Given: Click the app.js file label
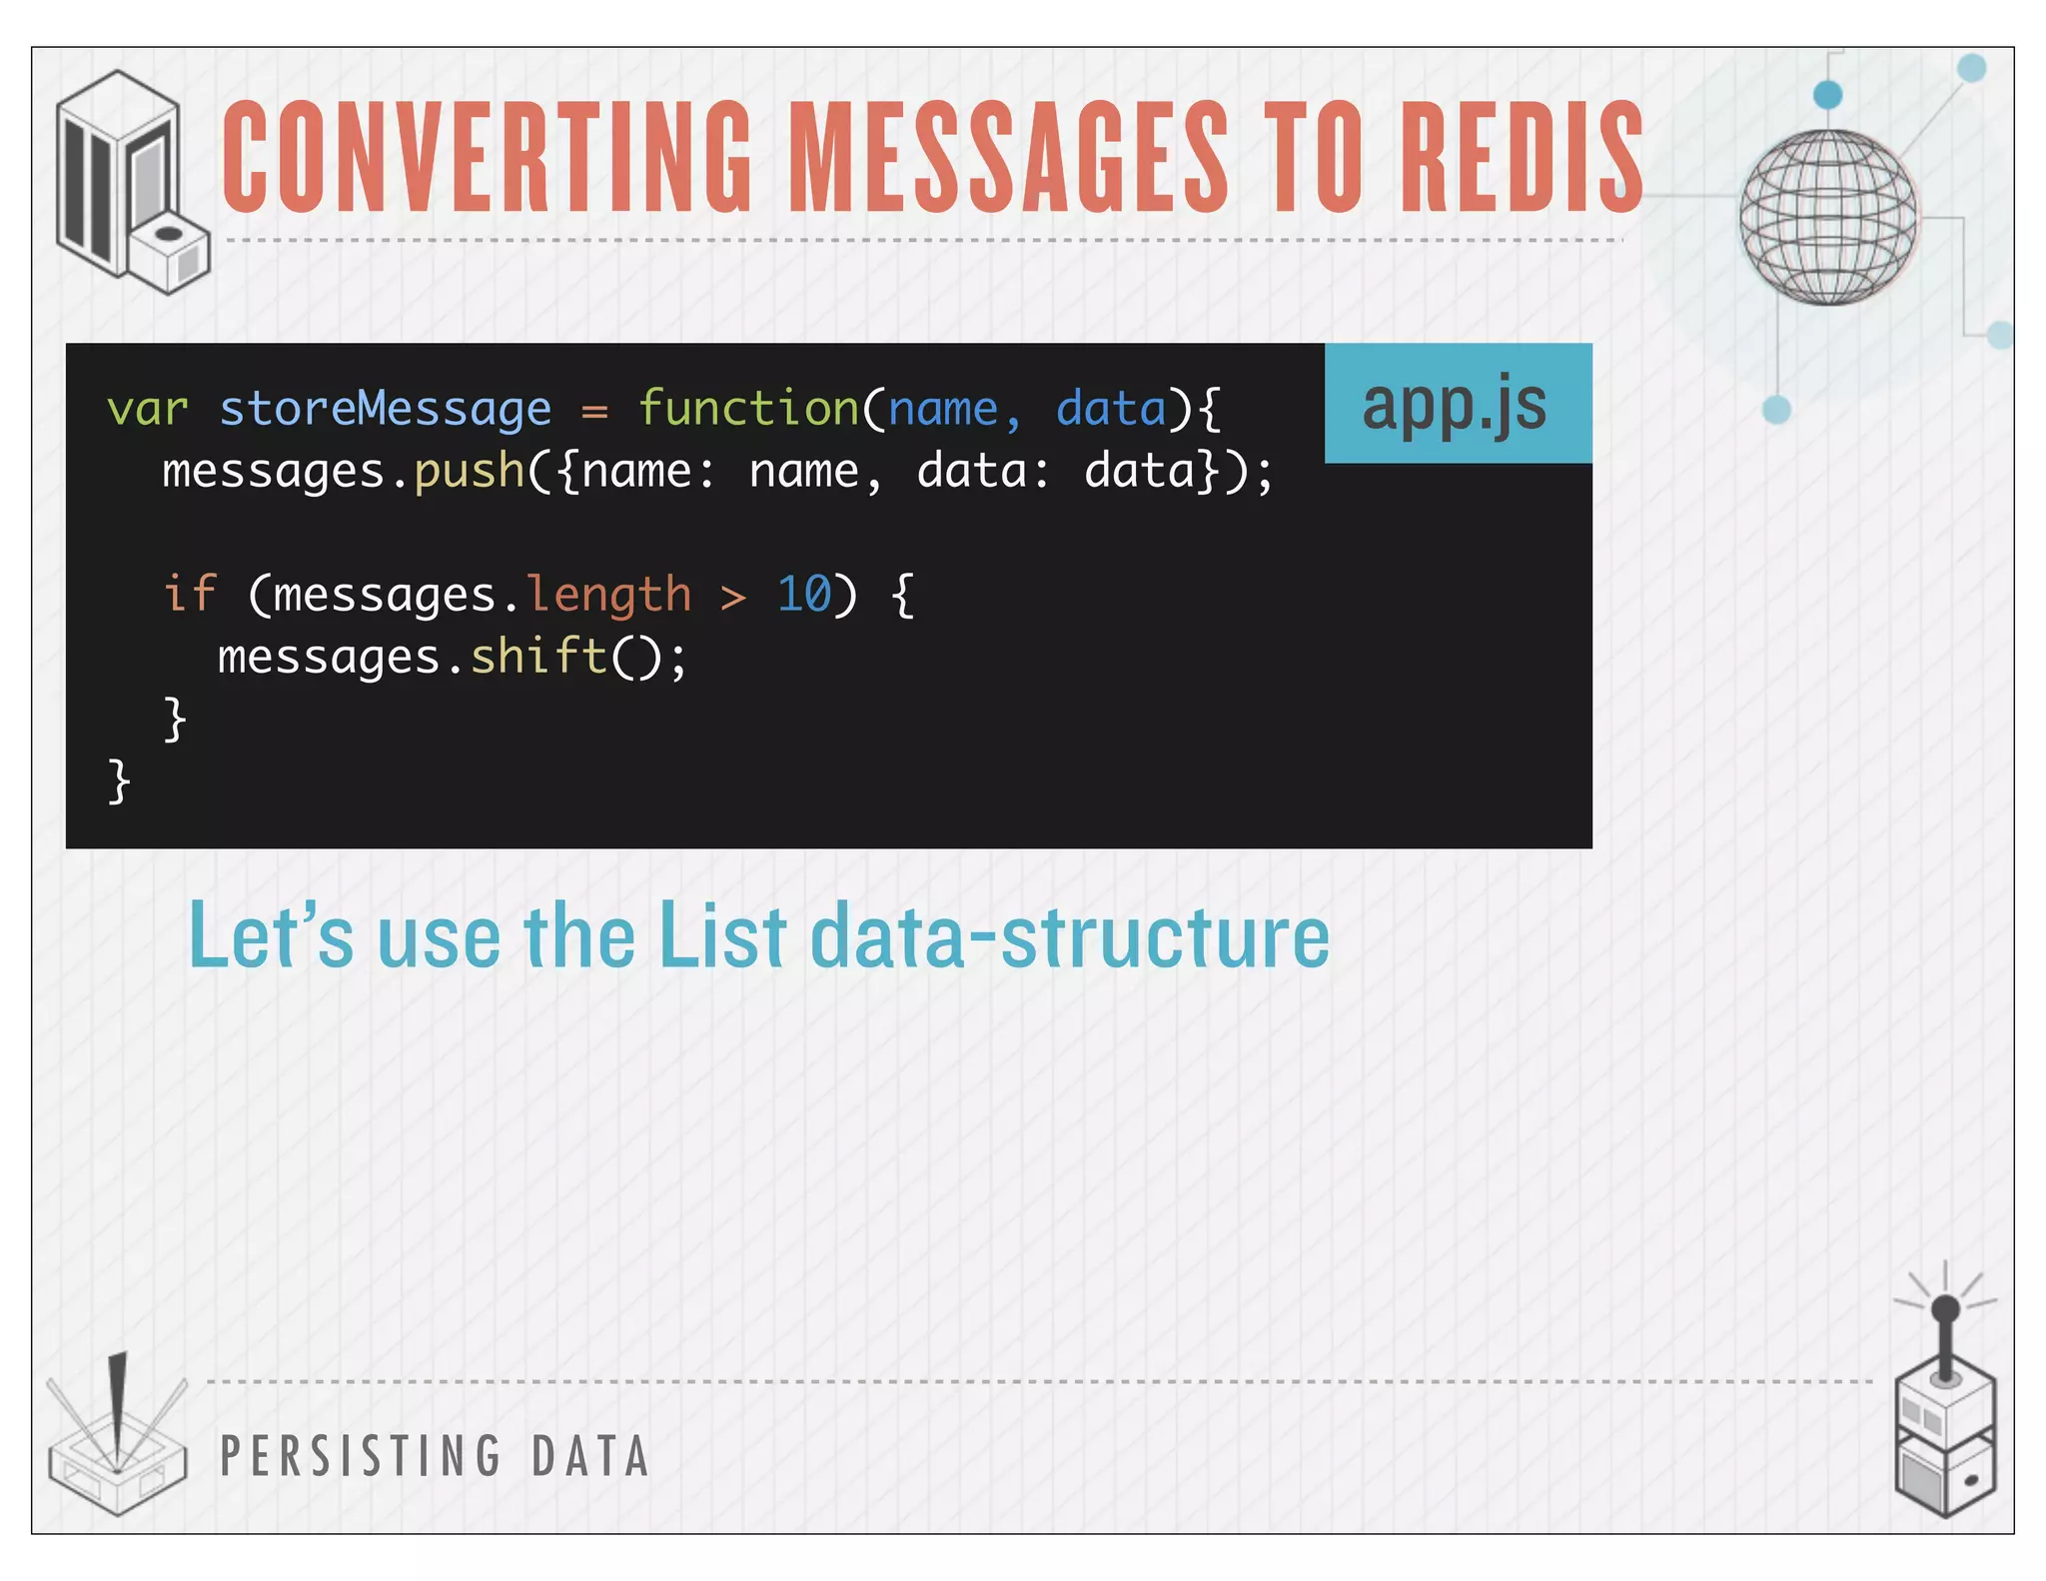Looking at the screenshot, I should (x=1456, y=404).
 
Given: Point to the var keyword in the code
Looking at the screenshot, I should (x=147, y=410).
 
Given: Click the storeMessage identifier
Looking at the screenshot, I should (x=385, y=410).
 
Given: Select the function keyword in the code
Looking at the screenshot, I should (x=747, y=410).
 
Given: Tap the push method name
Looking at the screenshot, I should (x=470, y=472).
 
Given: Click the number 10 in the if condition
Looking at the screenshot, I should (x=803, y=595).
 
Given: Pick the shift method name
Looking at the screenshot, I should (x=538, y=658).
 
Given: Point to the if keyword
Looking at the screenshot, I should (x=189, y=594).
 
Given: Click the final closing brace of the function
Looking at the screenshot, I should (x=119, y=781).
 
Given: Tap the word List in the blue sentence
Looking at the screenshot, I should (x=722, y=936).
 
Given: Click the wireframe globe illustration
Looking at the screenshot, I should (x=1827, y=217).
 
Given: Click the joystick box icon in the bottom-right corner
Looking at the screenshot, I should (x=1944, y=1419).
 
